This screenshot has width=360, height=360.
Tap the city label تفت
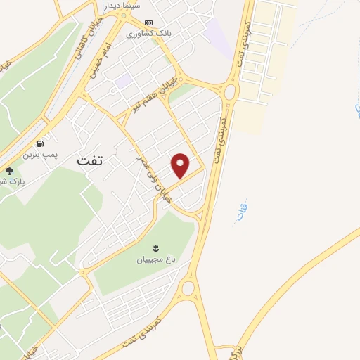(x=89, y=160)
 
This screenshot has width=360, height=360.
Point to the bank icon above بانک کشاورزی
(x=148, y=22)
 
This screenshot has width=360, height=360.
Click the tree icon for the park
(x=8, y=170)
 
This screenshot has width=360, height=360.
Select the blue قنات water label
(x=242, y=212)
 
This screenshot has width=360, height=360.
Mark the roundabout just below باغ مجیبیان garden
(x=188, y=288)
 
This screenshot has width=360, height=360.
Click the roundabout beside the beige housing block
(x=231, y=92)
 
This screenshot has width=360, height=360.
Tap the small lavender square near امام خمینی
(x=124, y=81)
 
